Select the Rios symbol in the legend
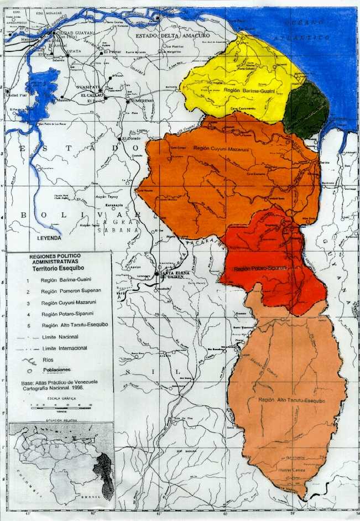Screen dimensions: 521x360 click(28, 360)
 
